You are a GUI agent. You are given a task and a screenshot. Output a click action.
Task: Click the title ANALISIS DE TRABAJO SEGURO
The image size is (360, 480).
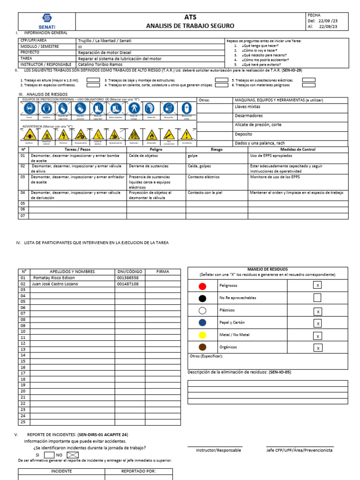pos(187,26)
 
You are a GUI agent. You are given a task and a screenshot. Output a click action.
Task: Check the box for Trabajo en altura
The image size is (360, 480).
pos(93,80)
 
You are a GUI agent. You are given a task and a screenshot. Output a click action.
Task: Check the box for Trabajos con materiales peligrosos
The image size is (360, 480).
pos(308,85)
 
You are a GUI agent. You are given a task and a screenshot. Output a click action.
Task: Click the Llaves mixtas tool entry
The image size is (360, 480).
pos(247,107)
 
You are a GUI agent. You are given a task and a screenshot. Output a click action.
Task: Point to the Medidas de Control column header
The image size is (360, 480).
pos(298,150)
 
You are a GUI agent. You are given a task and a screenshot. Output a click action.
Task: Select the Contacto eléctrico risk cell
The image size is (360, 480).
pos(204,178)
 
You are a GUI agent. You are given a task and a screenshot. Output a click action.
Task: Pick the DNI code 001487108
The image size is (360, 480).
pos(127,284)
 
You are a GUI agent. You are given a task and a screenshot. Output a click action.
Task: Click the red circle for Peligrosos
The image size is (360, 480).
pos(202,285)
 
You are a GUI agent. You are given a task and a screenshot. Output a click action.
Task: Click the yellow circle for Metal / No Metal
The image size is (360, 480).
pos(202,335)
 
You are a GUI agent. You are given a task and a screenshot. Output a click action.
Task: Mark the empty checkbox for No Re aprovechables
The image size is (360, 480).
pos(317,298)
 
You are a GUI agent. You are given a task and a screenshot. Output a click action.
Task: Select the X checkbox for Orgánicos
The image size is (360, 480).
pos(317,348)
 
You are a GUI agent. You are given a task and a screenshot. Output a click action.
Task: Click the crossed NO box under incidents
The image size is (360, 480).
pos(72,455)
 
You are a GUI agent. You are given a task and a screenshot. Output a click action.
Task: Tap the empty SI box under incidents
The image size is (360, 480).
pos(49,455)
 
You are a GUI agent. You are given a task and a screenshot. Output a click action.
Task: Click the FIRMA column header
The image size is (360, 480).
pos(163,271)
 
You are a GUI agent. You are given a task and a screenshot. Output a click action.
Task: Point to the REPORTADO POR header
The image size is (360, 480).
pos(138,472)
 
